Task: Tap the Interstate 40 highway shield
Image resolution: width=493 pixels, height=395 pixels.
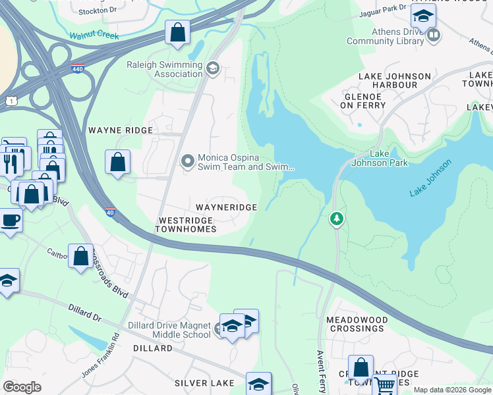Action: pyautogui.click(x=110, y=212)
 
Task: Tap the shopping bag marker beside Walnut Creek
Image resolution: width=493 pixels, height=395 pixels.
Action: pyautogui.click(x=178, y=32)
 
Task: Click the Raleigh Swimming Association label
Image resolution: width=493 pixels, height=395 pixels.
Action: pyautogui.click(x=165, y=69)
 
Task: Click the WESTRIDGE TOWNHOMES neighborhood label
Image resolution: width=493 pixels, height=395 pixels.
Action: pyautogui.click(x=185, y=224)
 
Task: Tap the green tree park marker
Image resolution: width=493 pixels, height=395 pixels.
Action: pyautogui.click(x=337, y=218)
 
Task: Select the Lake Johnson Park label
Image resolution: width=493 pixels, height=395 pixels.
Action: pyautogui.click(x=389, y=158)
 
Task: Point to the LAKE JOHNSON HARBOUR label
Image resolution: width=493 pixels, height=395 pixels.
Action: pyautogui.click(x=394, y=81)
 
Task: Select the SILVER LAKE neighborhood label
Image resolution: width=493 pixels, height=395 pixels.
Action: pyautogui.click(x=204, y=383)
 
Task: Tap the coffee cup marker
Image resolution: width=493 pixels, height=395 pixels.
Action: pyautogui.click(x=10, y=221)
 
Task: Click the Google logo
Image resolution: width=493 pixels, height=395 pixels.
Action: pyautogui.click(x=22, y=387)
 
